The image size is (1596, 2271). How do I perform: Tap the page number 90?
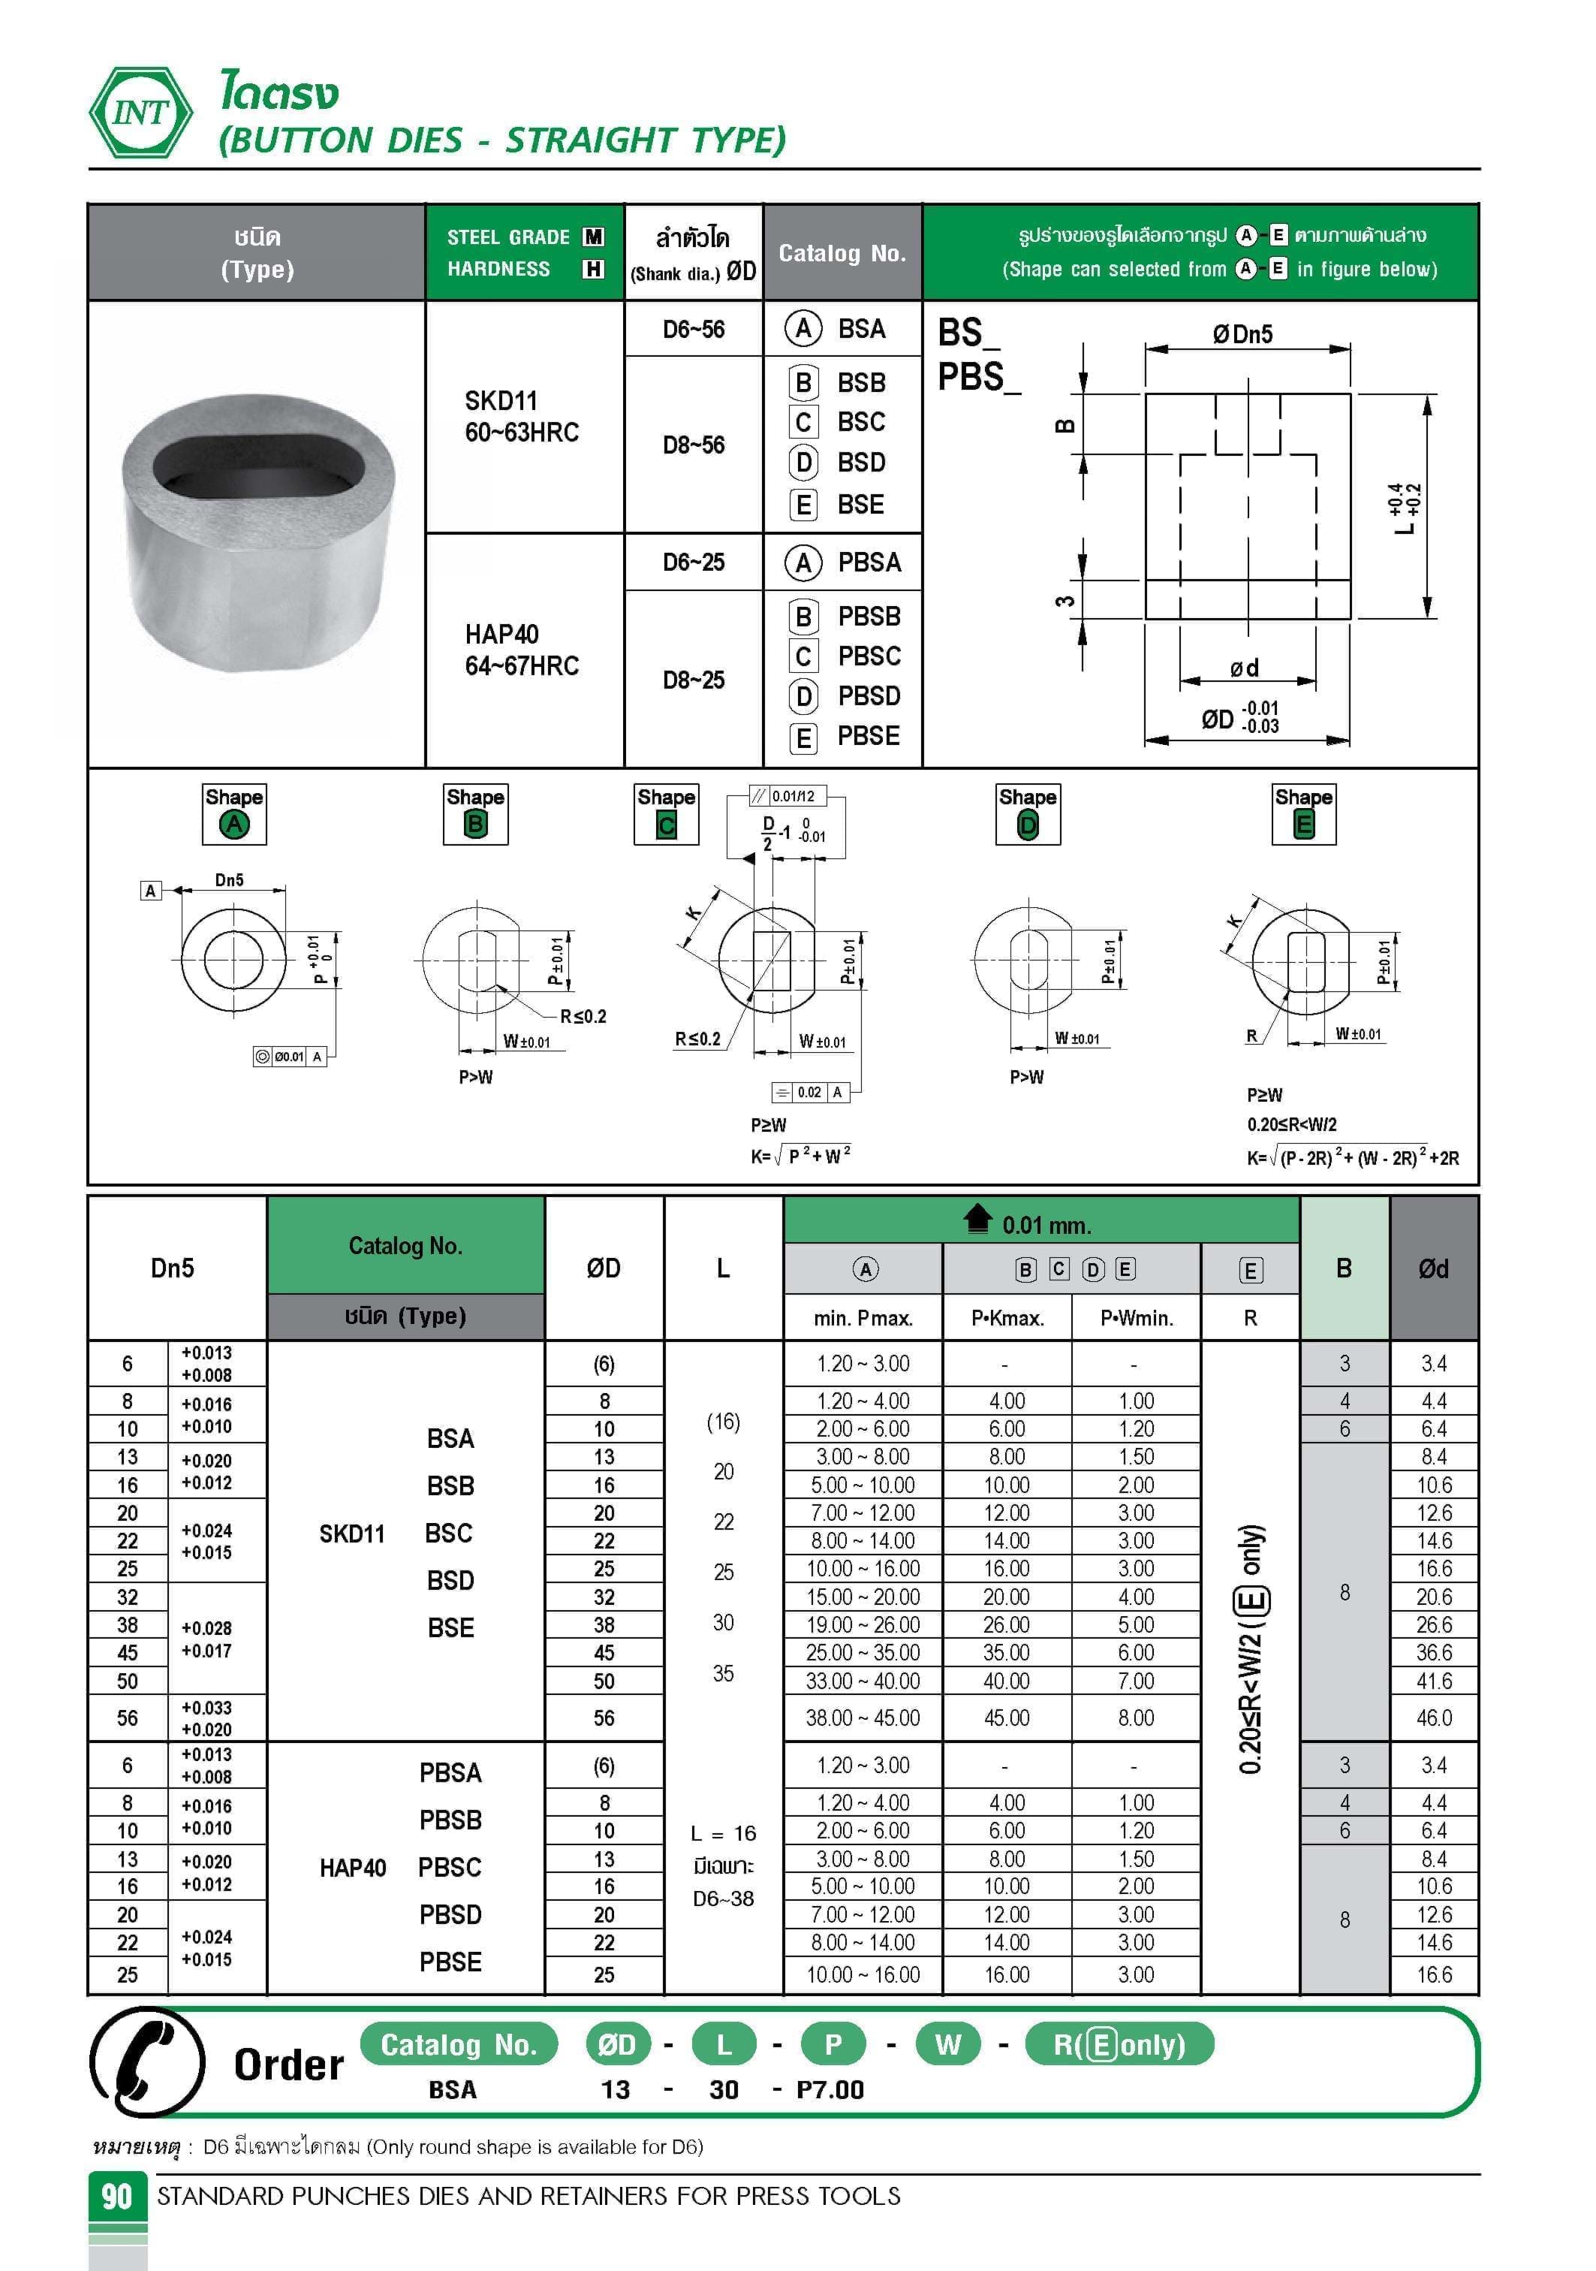point(116,2196)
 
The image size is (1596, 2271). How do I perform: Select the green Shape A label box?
point(234,814)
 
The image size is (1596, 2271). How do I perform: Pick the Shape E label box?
point(1303,814)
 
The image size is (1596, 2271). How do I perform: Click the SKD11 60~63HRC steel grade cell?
point(522,416)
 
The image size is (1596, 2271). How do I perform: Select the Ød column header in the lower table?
point(1433,1268)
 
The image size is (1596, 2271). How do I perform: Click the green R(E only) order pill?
point(1119,2044)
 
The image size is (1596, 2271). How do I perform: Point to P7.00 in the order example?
point(830,2090)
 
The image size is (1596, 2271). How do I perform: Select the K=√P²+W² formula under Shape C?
point(800,1154)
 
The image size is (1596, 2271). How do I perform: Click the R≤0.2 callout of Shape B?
point(583,1016)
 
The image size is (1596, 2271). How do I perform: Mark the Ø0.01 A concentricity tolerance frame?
point(290,1057)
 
